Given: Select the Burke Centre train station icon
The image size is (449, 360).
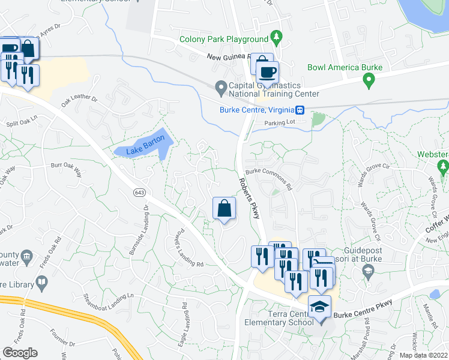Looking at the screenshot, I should pos(299,110).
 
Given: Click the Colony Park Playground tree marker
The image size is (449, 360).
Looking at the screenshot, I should pos(276,38).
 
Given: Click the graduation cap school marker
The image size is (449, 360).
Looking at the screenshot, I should pos(320,308).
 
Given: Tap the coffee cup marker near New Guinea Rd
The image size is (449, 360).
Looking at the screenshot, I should pos(268,73).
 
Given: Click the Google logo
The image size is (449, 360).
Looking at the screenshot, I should pos(20,353).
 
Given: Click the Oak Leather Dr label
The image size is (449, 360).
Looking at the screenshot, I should pos(78,100).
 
